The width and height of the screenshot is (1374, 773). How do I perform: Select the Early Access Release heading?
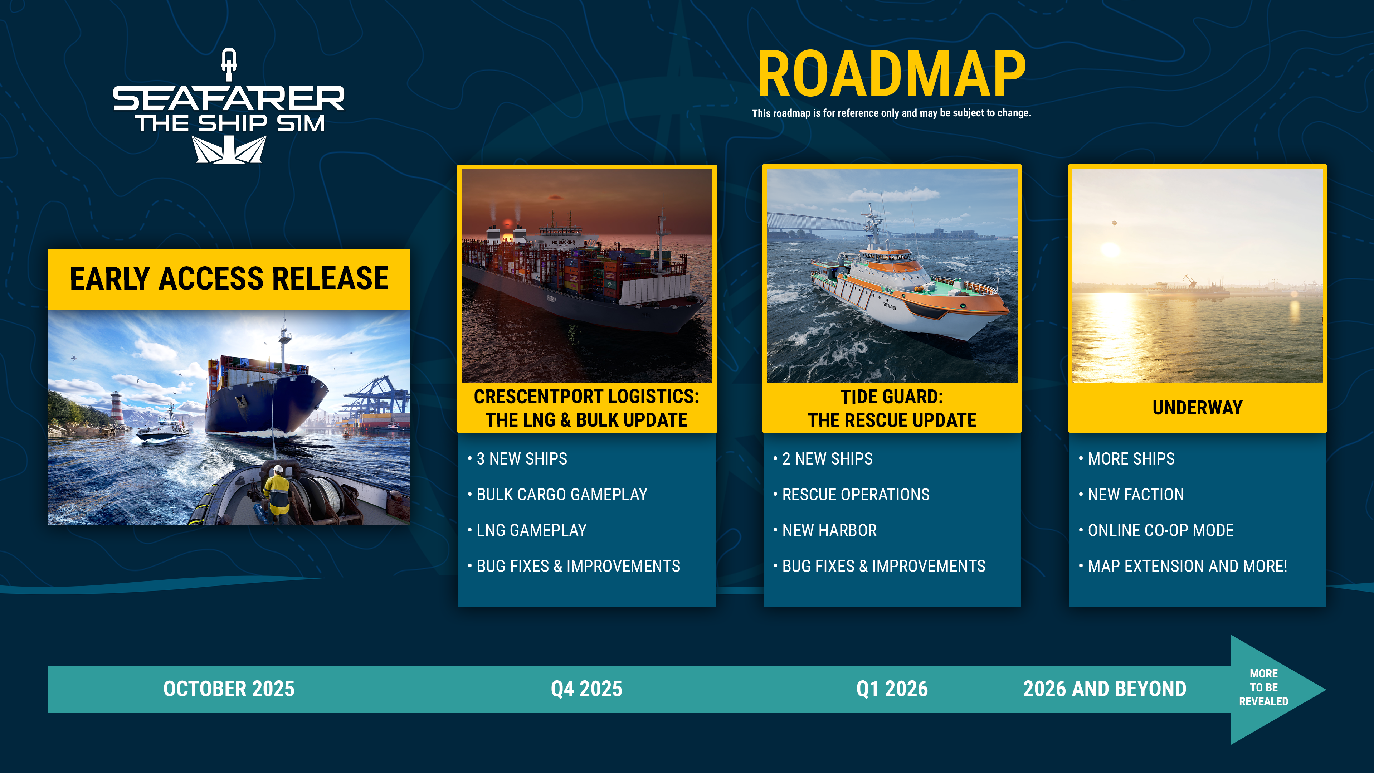click(229, 279)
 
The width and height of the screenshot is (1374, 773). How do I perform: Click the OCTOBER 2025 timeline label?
click(229, 689)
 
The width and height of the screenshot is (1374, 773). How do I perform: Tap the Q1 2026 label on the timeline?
click(892, 689)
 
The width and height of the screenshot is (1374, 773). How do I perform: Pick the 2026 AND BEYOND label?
click(1104, 689)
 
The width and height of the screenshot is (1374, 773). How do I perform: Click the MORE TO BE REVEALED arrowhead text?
click(1263, 687)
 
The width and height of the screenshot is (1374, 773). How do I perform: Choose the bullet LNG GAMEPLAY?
click(531, 530)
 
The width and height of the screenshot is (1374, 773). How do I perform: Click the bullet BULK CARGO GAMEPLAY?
click(562, 495)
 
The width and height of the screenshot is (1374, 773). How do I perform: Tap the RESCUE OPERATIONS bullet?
click(856, 495)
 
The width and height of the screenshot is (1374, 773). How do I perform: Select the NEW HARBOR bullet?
click(829, 530)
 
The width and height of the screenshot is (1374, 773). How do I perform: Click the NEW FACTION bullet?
click(1136, 495)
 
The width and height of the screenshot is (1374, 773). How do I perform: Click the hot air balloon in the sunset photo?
click(1114, 223)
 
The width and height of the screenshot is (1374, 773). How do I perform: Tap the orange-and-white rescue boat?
click(907, 288)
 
